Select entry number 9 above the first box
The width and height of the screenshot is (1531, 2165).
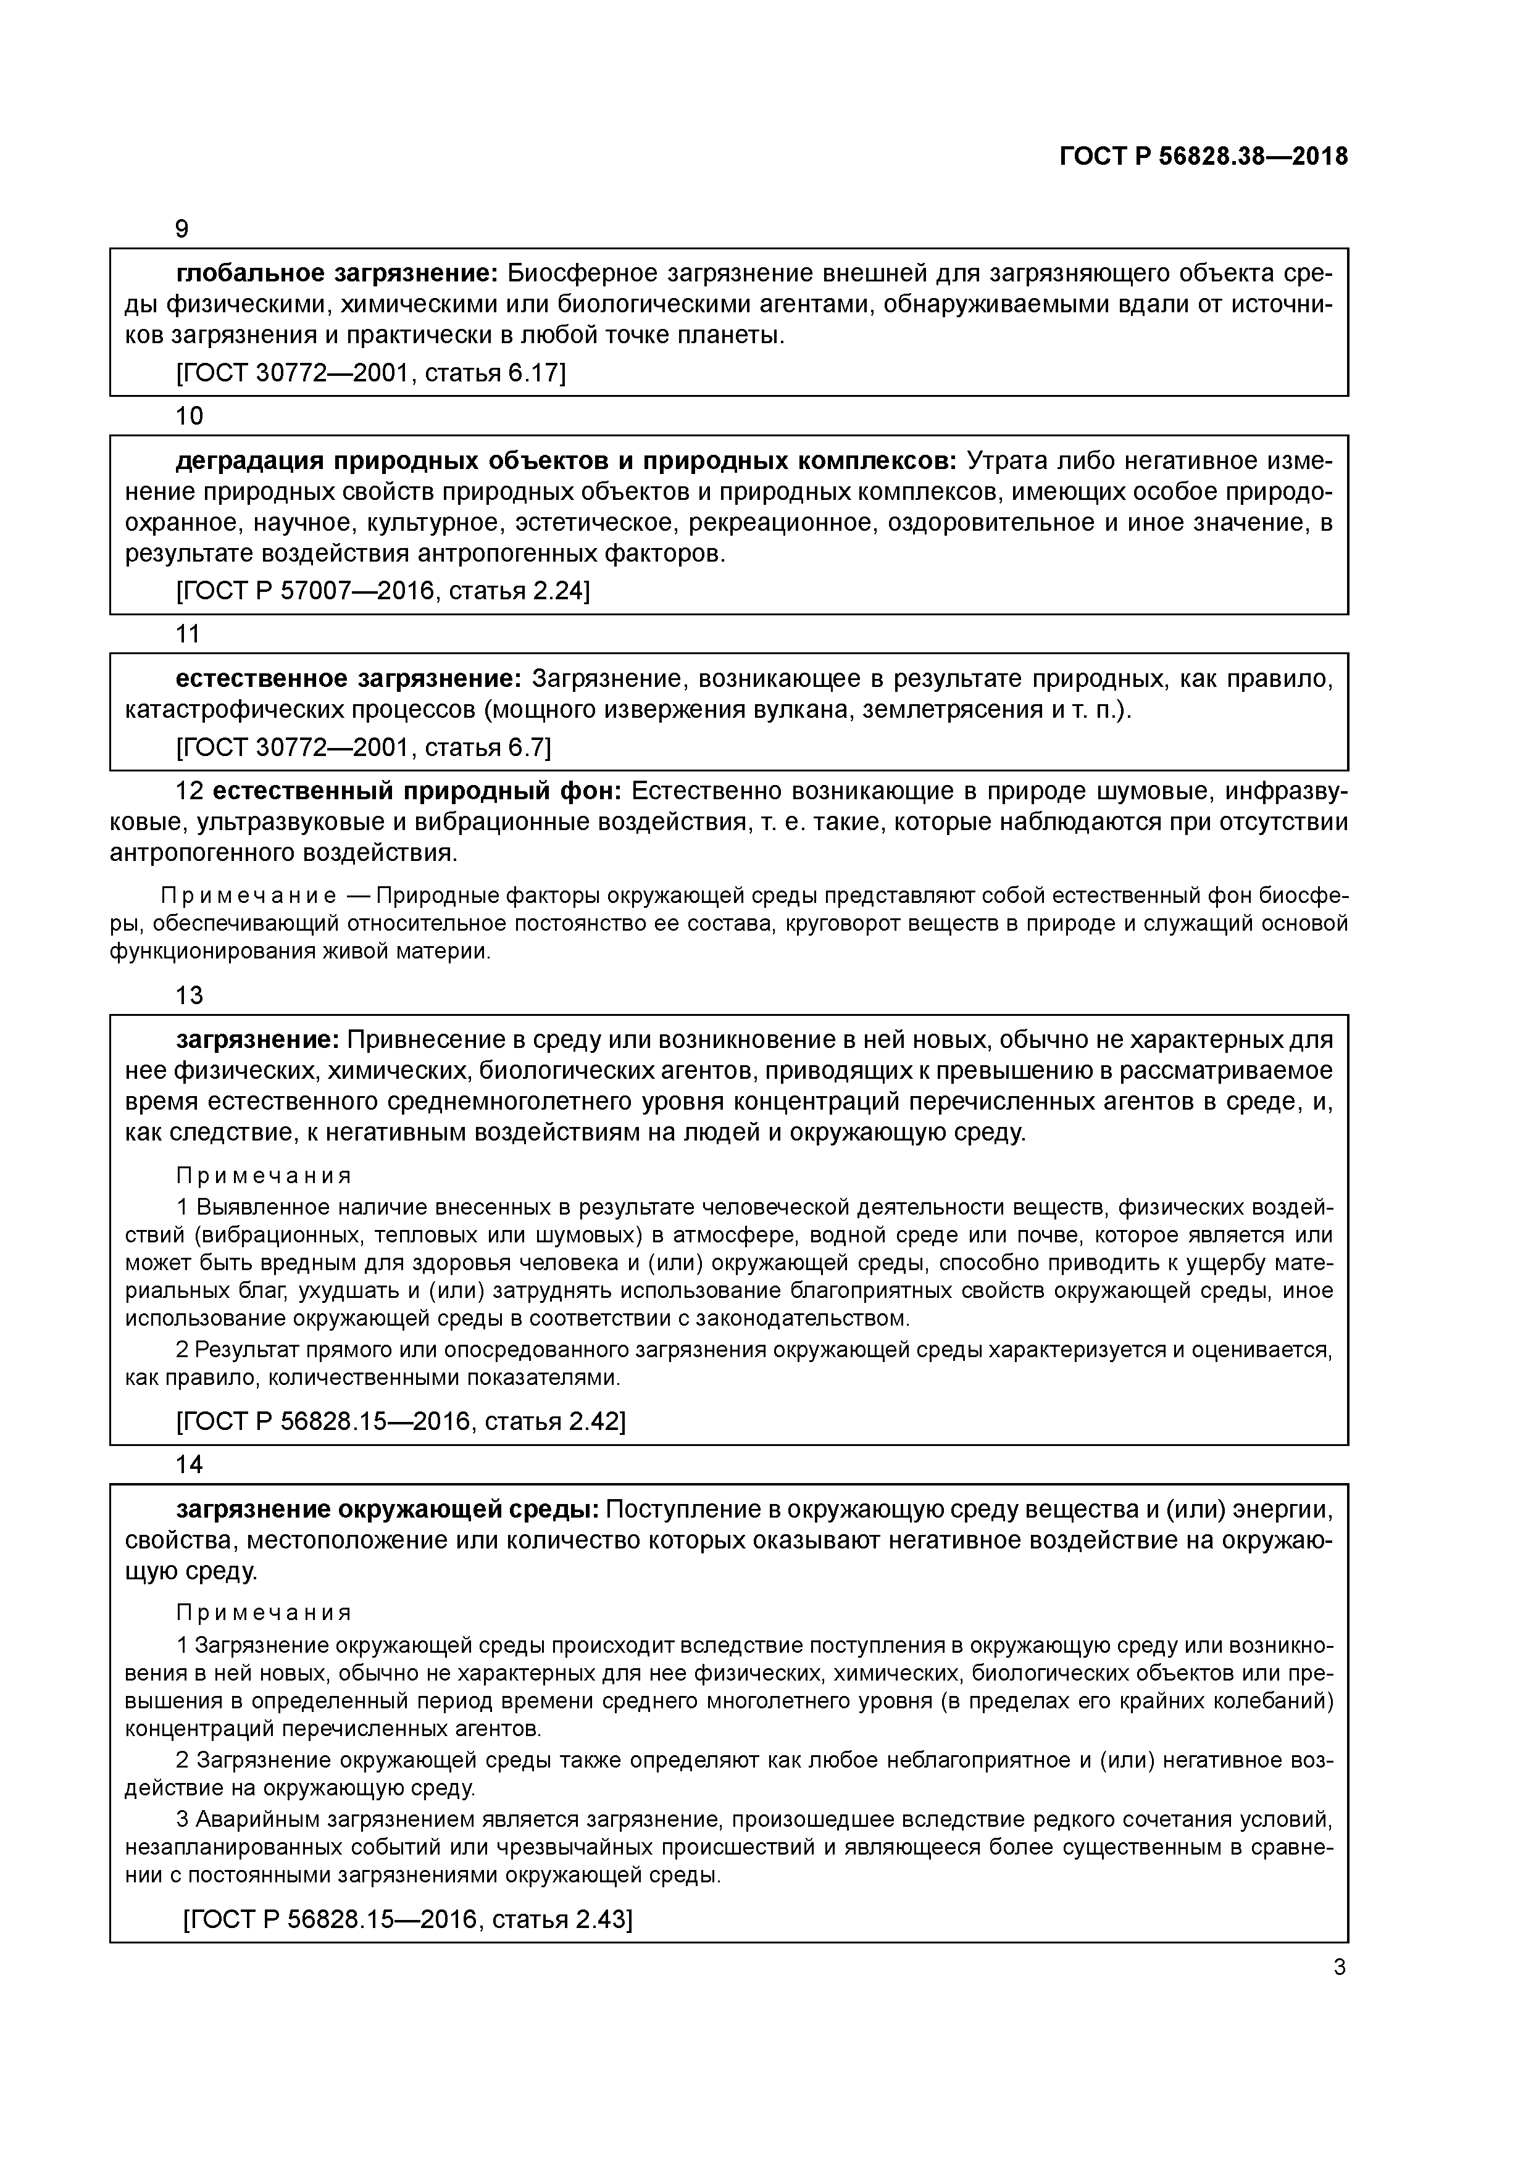tap(182, 229)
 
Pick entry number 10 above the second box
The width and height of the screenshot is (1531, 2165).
tap(189, 416)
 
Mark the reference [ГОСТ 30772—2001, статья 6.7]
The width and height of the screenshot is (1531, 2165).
tap(363, 748)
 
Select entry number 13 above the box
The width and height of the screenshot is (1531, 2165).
tap(189, 995)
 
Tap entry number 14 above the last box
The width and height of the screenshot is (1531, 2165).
tap(189, 1465)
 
